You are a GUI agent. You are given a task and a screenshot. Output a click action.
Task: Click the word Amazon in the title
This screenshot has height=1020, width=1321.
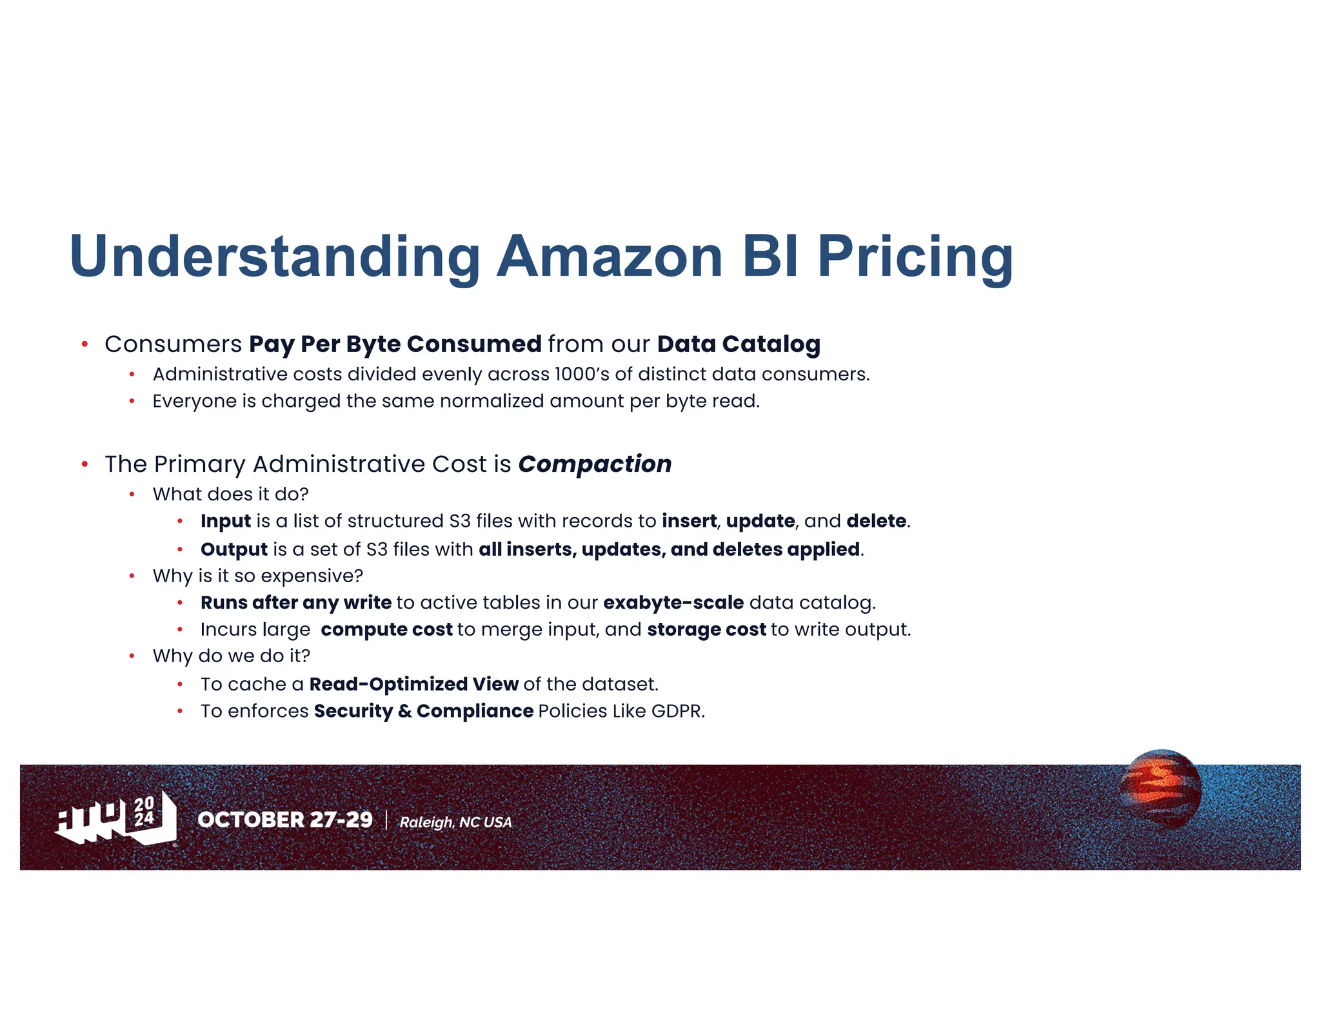(609, 257)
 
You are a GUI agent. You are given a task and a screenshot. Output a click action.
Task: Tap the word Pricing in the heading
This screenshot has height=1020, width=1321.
(915, 257)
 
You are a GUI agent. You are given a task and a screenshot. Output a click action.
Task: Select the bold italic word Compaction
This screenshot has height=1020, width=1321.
(595, 464)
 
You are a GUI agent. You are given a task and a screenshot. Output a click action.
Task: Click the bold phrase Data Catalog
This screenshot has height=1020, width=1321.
(739, 344)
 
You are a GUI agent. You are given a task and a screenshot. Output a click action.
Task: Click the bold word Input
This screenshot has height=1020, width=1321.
(226, 521)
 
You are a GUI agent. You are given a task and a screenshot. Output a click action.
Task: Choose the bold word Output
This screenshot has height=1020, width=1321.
(234, 549)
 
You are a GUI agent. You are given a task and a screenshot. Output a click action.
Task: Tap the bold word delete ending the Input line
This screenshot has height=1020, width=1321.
(876, 521)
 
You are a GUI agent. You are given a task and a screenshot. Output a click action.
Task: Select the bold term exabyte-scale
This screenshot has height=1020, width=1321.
(673, 603)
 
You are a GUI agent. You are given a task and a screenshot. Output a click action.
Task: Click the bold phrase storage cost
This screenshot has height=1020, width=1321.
(706, 629)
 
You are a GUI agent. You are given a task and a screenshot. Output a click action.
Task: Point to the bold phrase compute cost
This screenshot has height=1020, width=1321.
(386, 629)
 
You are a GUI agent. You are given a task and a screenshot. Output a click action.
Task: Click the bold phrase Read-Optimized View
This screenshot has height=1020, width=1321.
(413, 684)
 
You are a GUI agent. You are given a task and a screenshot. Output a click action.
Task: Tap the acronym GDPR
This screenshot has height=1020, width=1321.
(677, 711)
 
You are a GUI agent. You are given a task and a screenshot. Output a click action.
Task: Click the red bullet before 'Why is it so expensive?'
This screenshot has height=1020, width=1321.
(132, 576)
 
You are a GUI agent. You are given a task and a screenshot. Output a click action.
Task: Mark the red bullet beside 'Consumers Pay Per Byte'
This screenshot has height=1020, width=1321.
(84, 344)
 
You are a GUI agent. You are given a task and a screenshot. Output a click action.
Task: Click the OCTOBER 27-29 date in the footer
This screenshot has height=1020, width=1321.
(285, 819)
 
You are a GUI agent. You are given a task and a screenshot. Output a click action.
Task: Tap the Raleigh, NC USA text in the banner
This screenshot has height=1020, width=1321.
(455, 822)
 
